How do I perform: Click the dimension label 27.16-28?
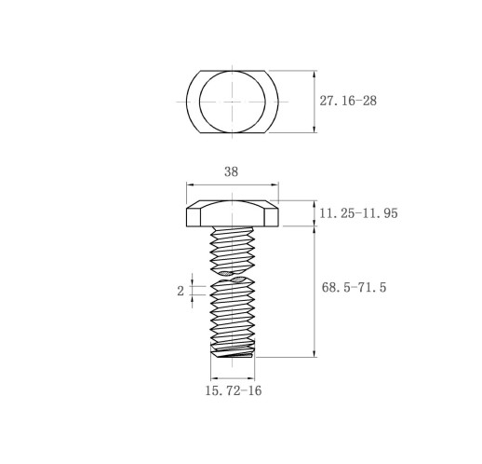click(x=348, y=101)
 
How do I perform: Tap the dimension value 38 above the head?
click(x=231, y=171)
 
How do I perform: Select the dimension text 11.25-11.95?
click(x=358, y=213)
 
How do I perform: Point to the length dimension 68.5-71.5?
click(x=354, y=287)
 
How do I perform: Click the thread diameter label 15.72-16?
click(x=234, y=390)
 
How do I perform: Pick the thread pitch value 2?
click(x=181, y=292)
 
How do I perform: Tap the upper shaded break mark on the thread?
click(x=226, y=273)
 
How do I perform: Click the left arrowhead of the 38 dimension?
click(x=190, y=184)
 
